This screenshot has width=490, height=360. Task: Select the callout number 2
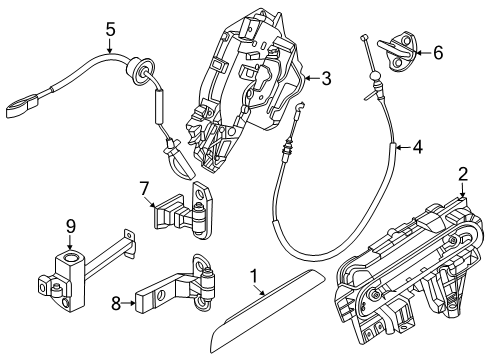463,174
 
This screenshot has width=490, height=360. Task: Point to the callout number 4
417,148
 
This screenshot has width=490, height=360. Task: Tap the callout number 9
71,226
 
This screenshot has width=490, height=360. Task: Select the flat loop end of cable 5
23,100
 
